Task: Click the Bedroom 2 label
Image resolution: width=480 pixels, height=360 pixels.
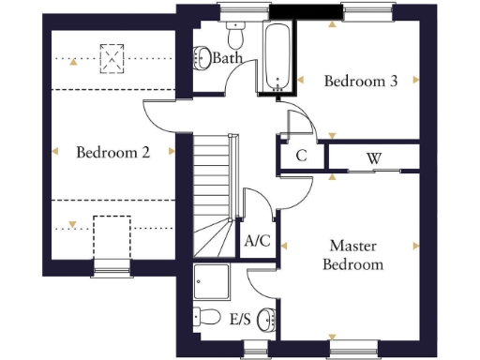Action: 112,152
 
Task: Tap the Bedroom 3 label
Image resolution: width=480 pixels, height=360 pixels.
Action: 360,82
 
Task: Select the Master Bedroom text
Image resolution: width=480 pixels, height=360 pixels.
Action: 352,255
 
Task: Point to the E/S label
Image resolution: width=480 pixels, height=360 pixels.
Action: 240,320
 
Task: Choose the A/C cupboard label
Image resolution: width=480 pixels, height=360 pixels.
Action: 257,241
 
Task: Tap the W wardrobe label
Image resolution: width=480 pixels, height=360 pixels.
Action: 373,157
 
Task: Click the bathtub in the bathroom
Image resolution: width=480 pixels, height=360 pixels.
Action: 276,56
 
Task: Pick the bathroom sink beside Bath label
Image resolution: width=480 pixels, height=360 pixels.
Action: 202,58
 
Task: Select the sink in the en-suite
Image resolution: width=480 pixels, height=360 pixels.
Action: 267,320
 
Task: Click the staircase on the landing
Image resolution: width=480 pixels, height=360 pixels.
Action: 215,198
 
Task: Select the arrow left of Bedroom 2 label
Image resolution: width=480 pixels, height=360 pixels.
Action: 55,152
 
